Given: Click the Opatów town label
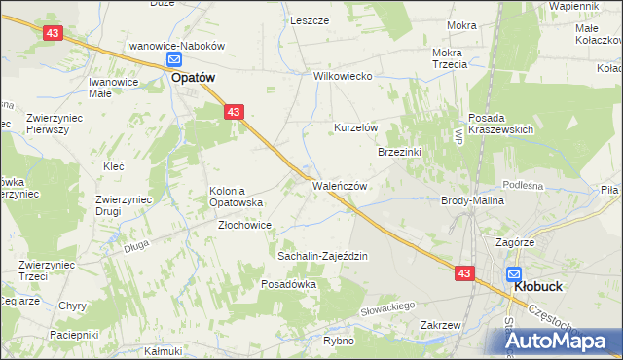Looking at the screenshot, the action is (x=193, y=78).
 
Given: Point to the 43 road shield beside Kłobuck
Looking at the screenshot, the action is (x=464, y=274).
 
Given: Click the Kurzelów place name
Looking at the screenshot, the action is (x=355, y=128).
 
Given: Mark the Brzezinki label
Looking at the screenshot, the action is (x=399, y=152).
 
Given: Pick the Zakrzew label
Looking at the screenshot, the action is (x=440, y=325).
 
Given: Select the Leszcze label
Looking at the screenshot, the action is (x=309, y=20).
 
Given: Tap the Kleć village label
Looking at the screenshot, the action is (x=113, y=166).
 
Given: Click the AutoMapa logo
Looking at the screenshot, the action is (x=557, y=340).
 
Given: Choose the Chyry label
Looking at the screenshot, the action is (x=73, y=306).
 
